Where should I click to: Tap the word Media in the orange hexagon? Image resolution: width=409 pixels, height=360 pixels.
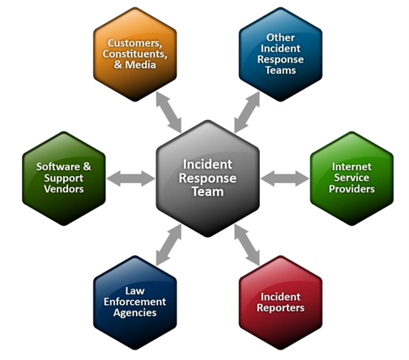click(x=140, y=65)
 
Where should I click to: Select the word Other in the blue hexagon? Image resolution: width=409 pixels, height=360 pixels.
click(x=280, y=37)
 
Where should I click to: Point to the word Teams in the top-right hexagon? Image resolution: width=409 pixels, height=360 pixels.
click(x=280, y=71)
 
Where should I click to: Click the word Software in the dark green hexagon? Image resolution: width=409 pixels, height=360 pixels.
click(x=58, y=167)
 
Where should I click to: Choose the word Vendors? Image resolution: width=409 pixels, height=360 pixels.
click(x=64, y=189)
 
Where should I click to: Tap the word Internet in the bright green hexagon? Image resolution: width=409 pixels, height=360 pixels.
click(x=351, y=167)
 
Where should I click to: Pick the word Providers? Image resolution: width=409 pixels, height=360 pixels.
click(x=351, y=189)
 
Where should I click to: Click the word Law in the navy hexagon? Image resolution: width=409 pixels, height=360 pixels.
click(x=134, y=291)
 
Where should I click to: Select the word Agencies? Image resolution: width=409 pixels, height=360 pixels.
click(x=134, y=313)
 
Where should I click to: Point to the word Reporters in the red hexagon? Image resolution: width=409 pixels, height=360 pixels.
click(x=280, y=308)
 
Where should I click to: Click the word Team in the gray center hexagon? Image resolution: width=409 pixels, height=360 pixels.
click(x=207, y=192)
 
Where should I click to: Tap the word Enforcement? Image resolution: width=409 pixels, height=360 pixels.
click(x=134, y=302)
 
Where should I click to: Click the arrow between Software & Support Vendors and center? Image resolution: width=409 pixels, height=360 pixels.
click(x=130, y=178)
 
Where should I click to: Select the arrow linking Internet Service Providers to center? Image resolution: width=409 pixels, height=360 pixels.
click(x=285, y=178)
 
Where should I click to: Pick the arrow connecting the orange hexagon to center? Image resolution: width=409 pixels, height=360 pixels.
click(x=168, y=112)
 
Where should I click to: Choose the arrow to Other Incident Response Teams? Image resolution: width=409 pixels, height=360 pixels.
click(x=247, y=112)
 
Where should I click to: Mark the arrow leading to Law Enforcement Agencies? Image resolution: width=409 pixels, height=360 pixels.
click(x=168, y=245)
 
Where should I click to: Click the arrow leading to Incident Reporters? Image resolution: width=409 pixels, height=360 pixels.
click(x=247, y=245)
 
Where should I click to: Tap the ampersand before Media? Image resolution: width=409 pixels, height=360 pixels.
click(x=118, y=65)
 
